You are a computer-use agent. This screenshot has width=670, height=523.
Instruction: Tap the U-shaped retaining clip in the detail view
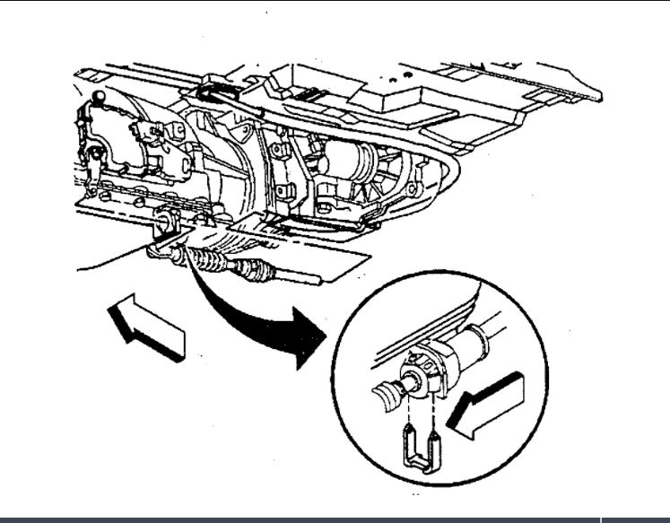tap(420, 449)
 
